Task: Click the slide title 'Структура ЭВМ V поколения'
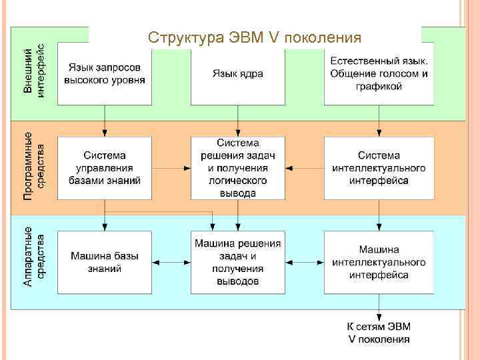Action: [255, 37]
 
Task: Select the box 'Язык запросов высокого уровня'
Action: [105, 73]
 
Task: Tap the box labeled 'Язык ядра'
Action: [238, 73]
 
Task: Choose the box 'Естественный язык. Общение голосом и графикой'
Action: [379, 73]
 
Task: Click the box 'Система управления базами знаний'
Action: [105, 168]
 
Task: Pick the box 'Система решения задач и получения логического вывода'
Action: [238, 168]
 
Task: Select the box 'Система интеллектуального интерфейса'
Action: [379, 168]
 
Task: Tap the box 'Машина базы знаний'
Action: [105, 262]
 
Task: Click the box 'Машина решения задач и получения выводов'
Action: [238, 262]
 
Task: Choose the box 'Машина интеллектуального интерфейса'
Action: [379, 262]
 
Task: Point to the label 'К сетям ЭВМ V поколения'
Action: [379, 332]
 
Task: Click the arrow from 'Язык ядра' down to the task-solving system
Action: [238, 121]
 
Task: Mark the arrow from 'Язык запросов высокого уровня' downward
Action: [105, 121]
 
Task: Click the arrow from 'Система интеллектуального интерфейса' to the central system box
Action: [305, 169]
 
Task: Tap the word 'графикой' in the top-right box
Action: [379, 86]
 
